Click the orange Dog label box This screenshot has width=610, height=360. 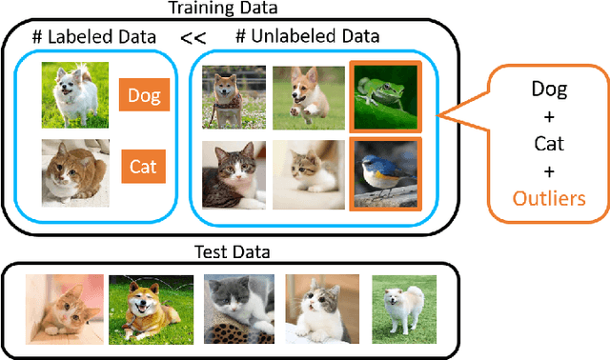(144, 95)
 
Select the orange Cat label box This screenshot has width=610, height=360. (143, 168)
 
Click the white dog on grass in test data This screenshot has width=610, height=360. (403, 310)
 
